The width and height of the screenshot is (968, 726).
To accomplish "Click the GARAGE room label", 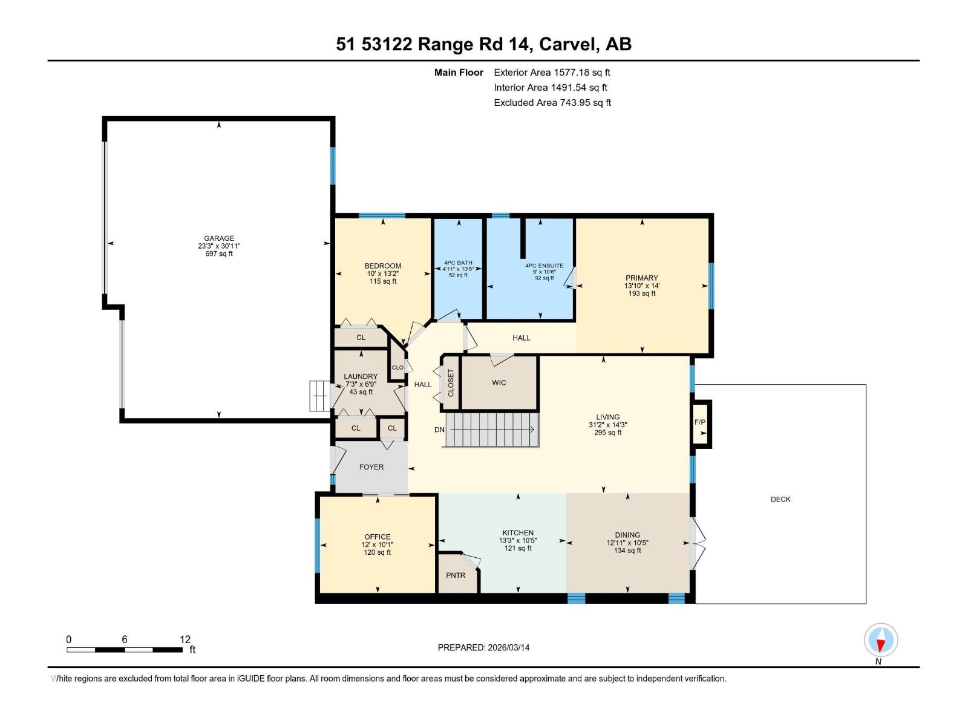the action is [x=219, y=238].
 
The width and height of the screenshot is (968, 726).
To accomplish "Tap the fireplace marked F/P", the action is [x=700, y=424].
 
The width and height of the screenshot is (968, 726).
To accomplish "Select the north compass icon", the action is [x=880, y=640].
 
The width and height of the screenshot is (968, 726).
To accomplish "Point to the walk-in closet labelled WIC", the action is [x=499, y=382].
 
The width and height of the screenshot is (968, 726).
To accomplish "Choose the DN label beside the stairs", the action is [x=439, y=430].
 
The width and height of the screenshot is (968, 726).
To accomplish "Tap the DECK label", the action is [x=780, y=499].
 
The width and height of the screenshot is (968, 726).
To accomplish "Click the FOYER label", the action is [x=371, y=467].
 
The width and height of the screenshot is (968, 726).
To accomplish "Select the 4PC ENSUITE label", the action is [x=544, y=266].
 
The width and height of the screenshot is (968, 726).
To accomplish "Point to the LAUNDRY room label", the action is [x=361, y=376].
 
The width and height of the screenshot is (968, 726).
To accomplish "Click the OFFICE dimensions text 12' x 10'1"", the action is [x=377, y=544].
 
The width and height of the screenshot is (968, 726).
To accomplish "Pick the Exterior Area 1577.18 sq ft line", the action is [x=552, y=72].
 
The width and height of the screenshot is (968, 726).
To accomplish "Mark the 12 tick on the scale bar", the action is [x=185, y=639].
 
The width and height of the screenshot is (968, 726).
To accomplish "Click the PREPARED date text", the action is [x=483, y=647].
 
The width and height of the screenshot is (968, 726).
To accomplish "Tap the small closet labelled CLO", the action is [x=397, y=367].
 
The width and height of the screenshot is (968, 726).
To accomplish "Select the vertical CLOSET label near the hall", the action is [x=450, y=382].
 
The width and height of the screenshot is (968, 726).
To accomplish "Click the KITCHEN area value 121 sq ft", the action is [x=518, y=548].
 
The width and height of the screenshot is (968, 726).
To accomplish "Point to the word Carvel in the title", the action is [x=569, y=44].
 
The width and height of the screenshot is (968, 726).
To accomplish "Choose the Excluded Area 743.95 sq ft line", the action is [x=552, y=103].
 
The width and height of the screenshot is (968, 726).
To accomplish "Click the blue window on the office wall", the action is [x=317, y=545].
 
